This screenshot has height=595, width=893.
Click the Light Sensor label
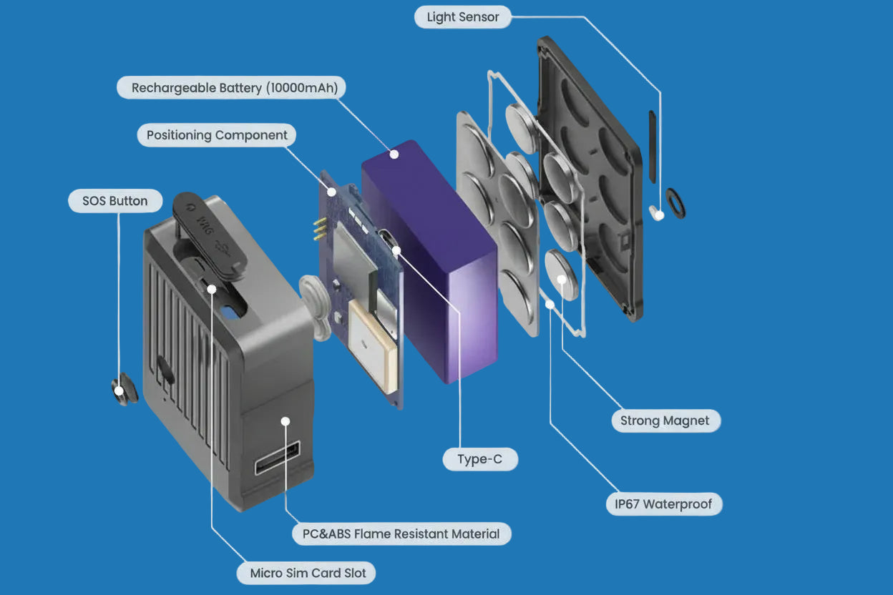point(463,17)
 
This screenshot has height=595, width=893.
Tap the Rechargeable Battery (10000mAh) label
point(232,88)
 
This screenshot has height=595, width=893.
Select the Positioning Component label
point(217,135)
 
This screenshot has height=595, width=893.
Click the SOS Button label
point(114,201)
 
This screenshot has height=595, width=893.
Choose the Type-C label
point(479,459)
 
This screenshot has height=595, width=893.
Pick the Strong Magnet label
point(665,421)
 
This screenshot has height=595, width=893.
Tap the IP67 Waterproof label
point(663,504)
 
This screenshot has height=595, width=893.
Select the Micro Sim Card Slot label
point(308,573)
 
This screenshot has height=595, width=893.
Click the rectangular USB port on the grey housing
point(278,458)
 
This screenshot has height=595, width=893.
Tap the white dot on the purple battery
point(393,153)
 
